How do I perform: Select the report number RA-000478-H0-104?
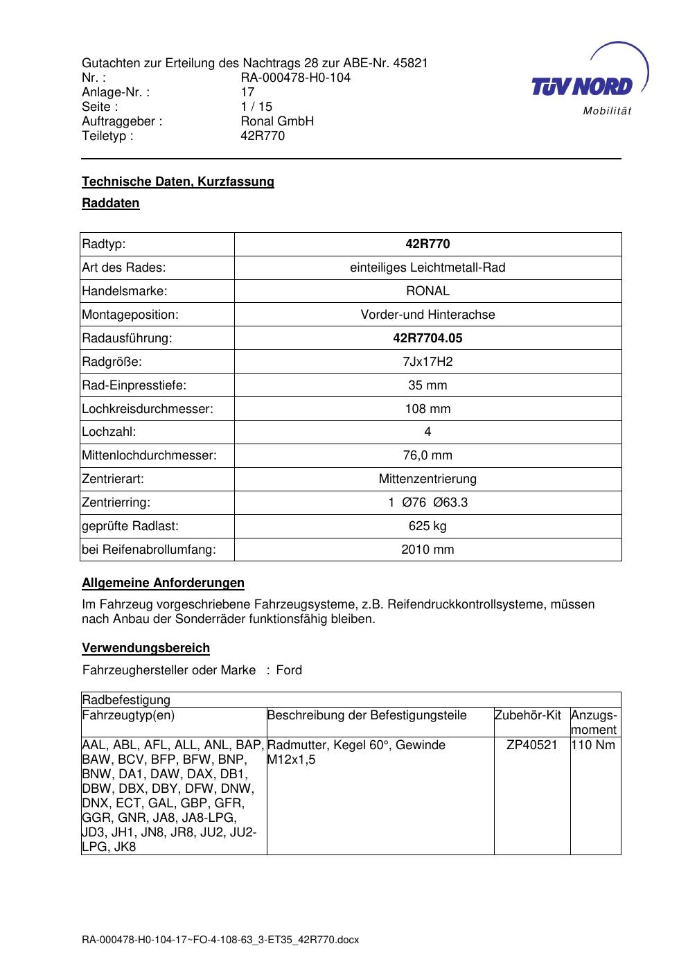coord(295,78)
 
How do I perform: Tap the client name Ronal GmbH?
coord(277,121)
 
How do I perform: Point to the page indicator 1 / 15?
coord(256,107)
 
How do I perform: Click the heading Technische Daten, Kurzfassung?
coord(178,182)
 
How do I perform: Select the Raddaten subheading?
coord(111,203)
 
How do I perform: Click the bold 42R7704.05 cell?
coord(427,338)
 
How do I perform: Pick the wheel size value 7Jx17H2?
coord(427,362)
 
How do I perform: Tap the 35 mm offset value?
coord(427,385)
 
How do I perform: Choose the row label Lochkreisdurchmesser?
coord(148,409)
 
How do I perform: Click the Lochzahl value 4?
coord(427,432)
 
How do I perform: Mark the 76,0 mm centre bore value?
coord(427,455)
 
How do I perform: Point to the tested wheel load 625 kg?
coord(427,526)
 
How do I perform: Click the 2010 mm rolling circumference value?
coord(427,550)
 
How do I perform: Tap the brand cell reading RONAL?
coord(427,291)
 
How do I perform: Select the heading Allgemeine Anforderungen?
coord(164,583)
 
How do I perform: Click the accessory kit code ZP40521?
coord(532,745)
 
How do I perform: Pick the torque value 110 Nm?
coord(593,745)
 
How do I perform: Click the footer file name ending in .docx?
coord(220,940)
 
